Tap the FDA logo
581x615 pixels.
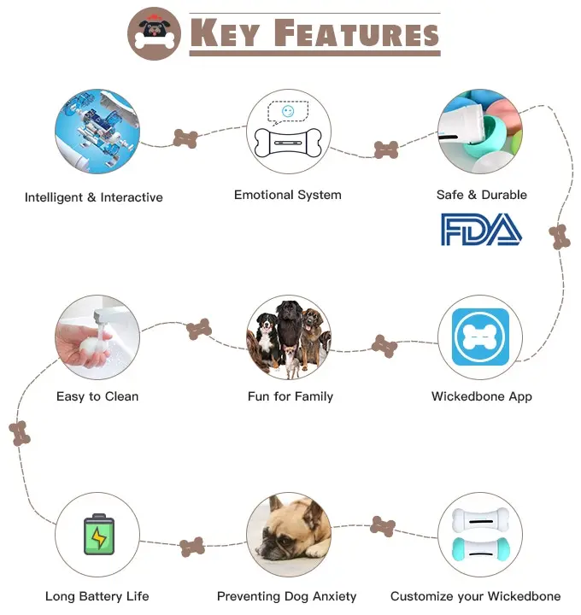tap(481, 229)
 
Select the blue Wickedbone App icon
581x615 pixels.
tap(480, 337)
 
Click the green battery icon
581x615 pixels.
tap(98, 534)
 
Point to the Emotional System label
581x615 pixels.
tap(288, 195)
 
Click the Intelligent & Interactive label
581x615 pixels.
tap(94, 197)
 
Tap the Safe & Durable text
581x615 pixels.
tap(482, 195)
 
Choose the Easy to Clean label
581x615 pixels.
tap(97, 396)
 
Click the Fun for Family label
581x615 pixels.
tap(290, 396)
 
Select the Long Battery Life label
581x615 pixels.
tap(97, 596)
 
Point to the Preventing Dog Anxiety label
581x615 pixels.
tap(287, 596)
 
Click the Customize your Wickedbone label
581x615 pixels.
tap(476, 596)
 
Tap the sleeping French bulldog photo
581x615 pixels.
tap(289, 534)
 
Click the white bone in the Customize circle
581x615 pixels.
tap(480, 518)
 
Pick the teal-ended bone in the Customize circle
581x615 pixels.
tap(480, 549)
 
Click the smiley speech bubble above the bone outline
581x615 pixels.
tap(288, 112)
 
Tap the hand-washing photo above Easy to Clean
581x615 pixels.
tap(97, 337)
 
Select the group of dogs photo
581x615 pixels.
tap(289, 337)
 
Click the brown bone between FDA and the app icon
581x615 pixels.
tap(560, 237)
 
